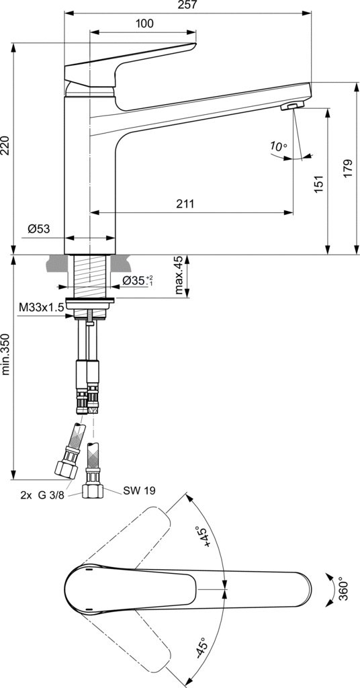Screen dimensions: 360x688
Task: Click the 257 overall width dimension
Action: coord(187,5)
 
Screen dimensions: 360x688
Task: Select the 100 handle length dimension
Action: coord(144,24)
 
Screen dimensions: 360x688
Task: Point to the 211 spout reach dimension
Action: coord(185,204)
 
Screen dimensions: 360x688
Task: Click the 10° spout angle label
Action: coord(278,146)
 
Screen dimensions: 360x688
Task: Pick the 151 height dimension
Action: coord(319,184)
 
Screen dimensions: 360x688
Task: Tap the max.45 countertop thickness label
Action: coord(179,275)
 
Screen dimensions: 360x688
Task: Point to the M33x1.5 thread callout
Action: coord(42,307)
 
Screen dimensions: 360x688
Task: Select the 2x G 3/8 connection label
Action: coord(44,496)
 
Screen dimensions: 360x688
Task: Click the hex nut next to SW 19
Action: coord(93,491)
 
